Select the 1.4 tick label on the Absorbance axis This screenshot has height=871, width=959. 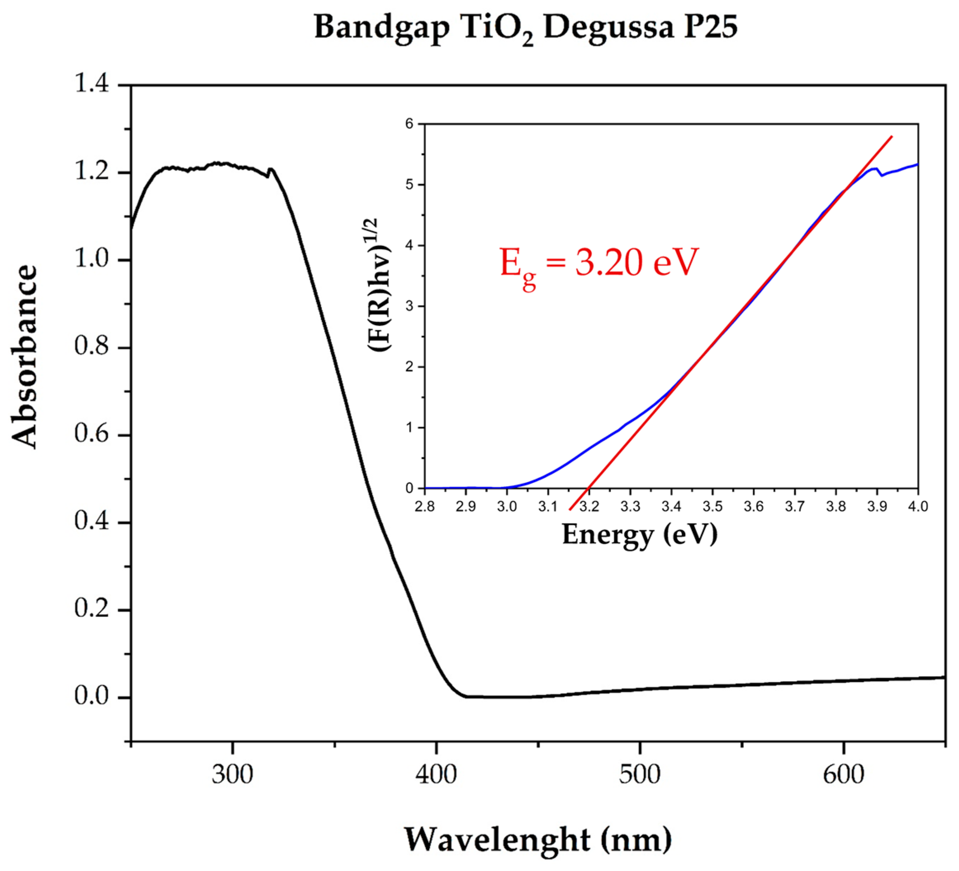tap(92, 85)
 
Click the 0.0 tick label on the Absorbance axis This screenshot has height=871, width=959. tap(92, 696)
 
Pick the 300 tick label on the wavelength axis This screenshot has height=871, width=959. tap(232, 775)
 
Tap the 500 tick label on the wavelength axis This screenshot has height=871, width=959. tap(639, 775)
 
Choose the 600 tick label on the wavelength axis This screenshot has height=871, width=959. tap(843, 775)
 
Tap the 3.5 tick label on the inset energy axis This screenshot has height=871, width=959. tap(712, 506)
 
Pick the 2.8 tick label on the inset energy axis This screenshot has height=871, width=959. tap(424, 506)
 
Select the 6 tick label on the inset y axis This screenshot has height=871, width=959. tap(410, 124)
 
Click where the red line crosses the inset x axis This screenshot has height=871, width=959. tap(588, 488)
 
